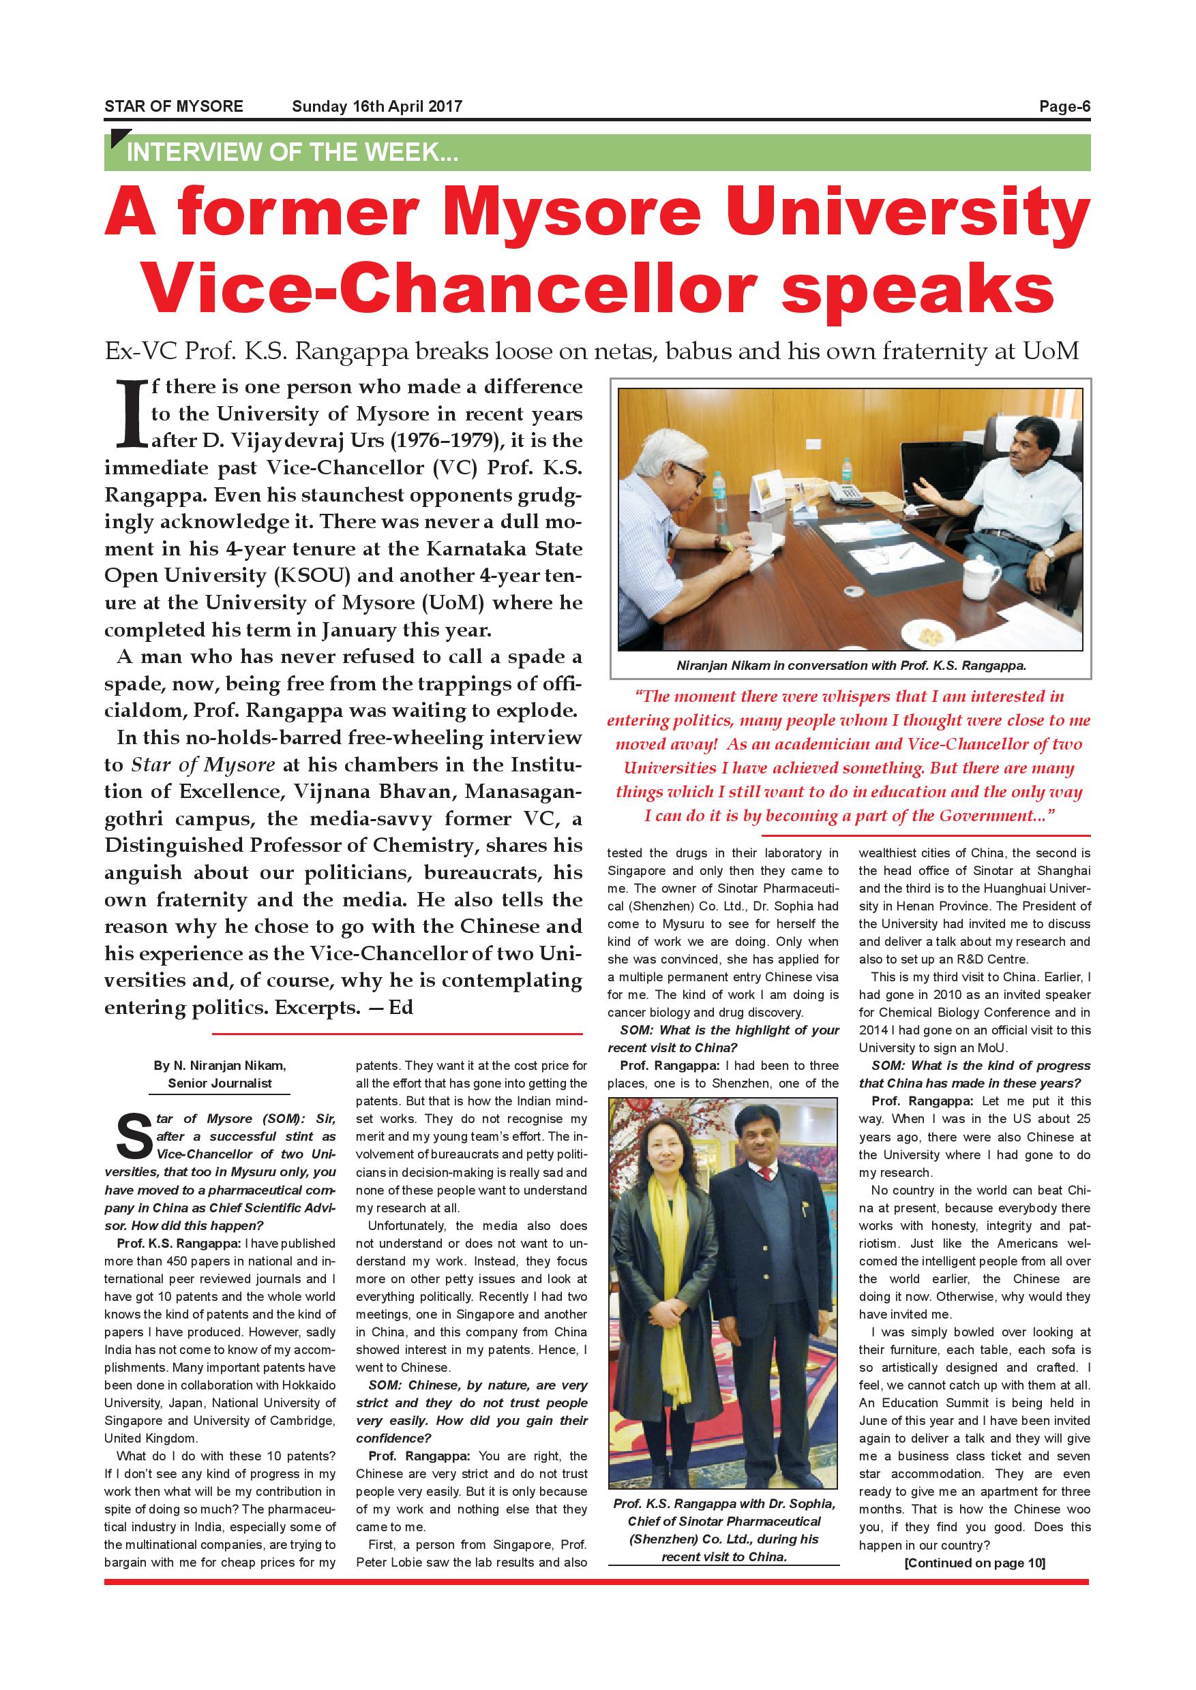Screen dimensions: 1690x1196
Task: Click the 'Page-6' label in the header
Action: coord(1064,107)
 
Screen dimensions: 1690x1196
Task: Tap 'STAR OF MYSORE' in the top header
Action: coord(174,107)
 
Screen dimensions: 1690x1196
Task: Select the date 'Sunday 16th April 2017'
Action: coord(377,107)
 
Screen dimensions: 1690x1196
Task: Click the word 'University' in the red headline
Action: coord(910,213)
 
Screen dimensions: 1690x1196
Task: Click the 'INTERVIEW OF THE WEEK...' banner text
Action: coord(293,153)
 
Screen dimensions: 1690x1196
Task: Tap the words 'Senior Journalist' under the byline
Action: coord(220,1084)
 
